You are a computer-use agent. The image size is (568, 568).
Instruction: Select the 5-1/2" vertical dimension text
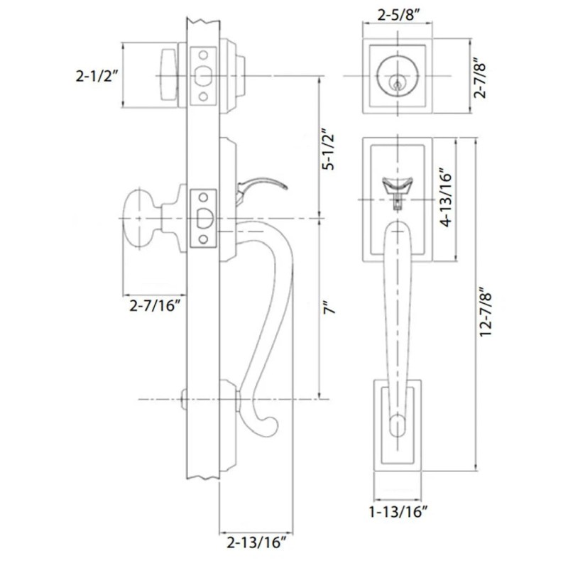328,150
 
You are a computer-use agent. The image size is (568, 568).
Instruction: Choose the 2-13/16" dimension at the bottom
256,544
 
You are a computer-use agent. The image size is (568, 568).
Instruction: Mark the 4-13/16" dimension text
446,197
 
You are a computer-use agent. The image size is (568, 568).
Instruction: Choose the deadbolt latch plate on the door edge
204,75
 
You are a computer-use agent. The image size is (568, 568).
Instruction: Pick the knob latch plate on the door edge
204,218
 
